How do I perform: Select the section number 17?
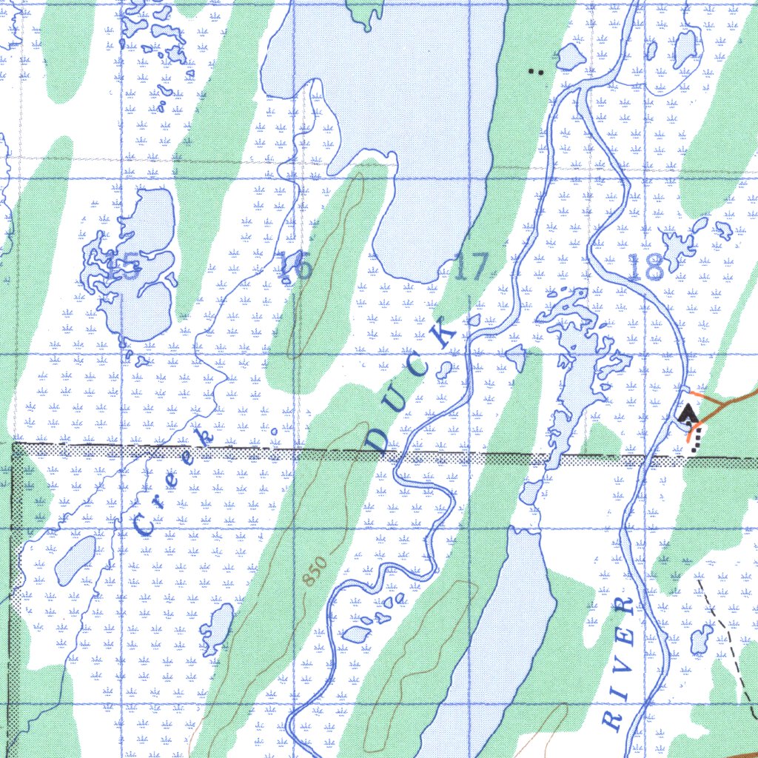[472, 267]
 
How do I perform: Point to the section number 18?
[645, 267]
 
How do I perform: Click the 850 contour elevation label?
[314, 570]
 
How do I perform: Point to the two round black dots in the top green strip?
[537, 72]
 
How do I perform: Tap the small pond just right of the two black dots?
[570, 56]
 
